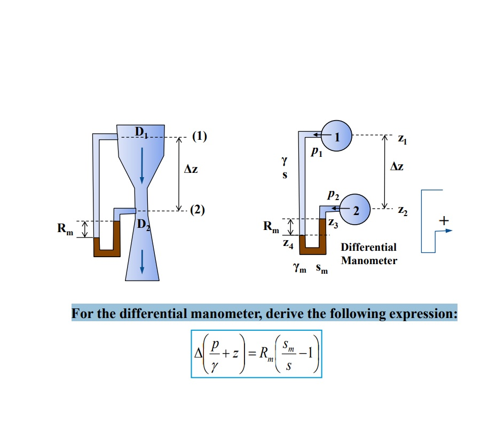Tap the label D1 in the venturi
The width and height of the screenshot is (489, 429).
(141, 130)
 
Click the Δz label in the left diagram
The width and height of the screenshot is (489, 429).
(191, 169)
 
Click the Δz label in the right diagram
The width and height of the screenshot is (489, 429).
(397, 167)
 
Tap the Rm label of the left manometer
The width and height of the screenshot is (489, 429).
(66, 229)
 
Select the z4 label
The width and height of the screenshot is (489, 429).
(287, 245)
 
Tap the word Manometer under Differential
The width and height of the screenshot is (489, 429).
(369, 261)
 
